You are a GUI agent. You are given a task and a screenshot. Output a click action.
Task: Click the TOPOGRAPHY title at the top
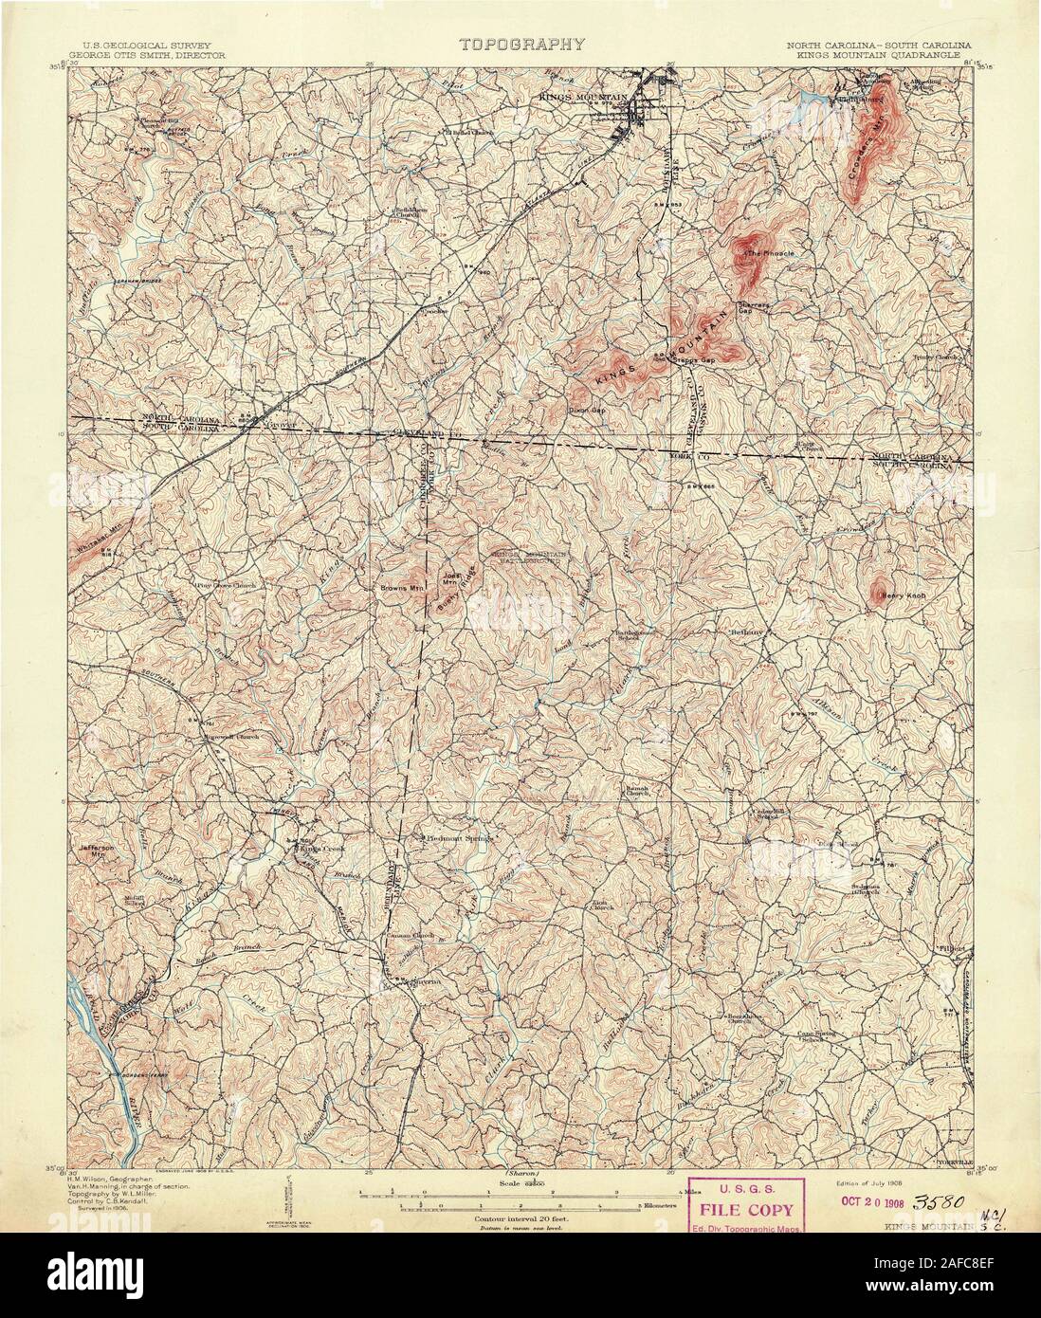coord(521,44)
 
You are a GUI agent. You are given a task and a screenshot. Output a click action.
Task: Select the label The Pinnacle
coord(771,254)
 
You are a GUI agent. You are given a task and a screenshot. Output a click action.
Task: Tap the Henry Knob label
coord(903,596)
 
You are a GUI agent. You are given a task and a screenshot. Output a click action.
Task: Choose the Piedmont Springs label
coord(457,838)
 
